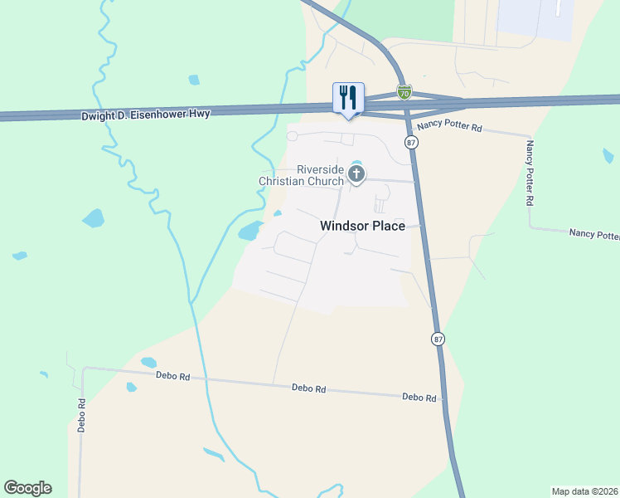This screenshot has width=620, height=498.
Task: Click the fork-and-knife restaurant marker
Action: click(x=348, y=98)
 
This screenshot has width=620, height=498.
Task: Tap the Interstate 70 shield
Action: click(x=404, y=92)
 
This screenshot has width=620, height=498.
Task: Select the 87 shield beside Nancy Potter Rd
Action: click(x=411, y=143)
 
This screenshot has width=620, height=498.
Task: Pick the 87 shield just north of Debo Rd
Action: click(x=438, y=339)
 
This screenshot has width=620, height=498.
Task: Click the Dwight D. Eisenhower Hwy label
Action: click(x=145, y=115)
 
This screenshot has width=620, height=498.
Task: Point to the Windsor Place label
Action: click(x=363, y=226)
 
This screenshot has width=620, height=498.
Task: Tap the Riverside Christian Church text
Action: click(x=300, y=174)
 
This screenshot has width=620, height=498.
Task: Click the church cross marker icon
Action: click(x=356, y=173)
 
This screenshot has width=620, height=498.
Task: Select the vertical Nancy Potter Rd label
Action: click(x=530, y=173)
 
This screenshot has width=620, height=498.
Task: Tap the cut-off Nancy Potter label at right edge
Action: click(x=593, y=234)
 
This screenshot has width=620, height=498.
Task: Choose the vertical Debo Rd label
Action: click(x=82, y=413)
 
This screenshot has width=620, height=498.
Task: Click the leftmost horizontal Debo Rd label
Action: click(x=172, y=376)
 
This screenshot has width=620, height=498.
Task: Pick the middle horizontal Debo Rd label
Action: click(x=309, y=388)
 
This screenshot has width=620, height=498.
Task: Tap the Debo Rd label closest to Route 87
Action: click(x=419, y=398)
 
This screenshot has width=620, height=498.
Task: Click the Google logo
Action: click(x=27, y=488)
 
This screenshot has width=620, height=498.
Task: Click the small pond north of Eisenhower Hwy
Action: click(x=194, y=81)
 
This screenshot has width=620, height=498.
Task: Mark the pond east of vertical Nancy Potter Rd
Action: click(x=609, y=155)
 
